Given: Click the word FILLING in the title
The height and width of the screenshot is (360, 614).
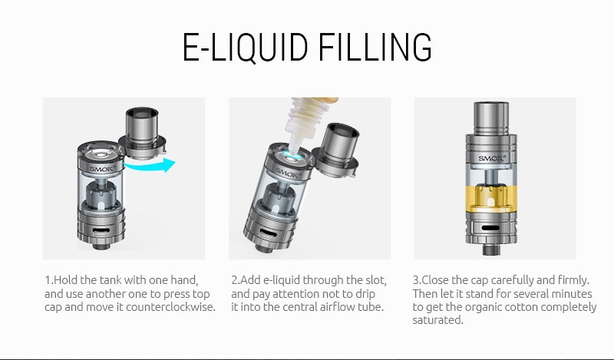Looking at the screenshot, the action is [x=375, y=47].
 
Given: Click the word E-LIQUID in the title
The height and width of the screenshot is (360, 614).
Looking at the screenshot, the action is [x=245, y=47].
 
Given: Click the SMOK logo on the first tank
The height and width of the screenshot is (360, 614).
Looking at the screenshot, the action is [x=102, y=169].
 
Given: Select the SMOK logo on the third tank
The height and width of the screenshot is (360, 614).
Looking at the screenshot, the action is [x=491, y=158].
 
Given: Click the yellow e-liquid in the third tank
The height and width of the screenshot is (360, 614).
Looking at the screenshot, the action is [x=491, y=199].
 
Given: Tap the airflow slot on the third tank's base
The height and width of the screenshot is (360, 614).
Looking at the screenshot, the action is [x=490, y=228].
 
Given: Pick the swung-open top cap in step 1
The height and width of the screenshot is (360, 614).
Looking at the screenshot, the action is [x=143, y=134].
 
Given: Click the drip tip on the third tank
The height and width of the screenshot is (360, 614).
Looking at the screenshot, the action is [x=491, y=117].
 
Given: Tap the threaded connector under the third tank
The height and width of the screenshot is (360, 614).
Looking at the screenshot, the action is [x=491, y=249].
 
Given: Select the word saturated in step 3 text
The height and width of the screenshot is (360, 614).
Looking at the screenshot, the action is [x=437, y=320].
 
